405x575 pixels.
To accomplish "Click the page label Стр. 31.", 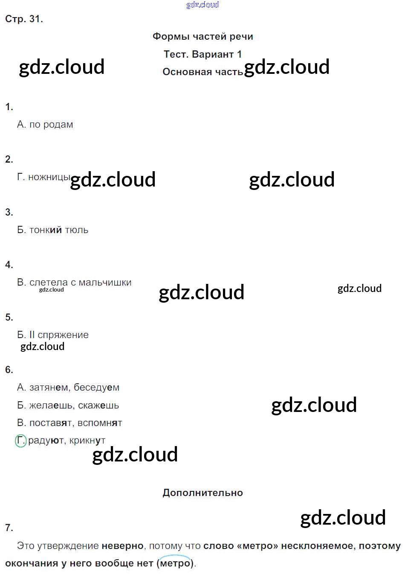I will point(24,19).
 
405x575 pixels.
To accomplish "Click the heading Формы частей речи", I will point(202,37).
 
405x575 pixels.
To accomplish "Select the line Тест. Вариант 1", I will point(202,55).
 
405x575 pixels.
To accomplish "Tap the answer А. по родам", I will point(45,125).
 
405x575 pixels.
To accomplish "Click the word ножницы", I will point(49,177).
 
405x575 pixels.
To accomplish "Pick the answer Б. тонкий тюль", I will point(53,230).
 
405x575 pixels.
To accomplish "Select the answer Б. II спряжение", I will point(53,335).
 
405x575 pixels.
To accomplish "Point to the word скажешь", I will point(98,406).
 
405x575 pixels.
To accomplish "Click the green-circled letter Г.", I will point(20,441).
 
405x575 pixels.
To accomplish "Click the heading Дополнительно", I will point(202,493).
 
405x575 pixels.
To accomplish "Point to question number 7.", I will point(9,528).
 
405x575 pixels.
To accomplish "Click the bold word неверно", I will point(122,546).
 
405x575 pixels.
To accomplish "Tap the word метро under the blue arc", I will point(175,563).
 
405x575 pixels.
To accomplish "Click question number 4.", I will point(9,265).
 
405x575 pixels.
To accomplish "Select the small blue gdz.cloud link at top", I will point(202,5).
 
